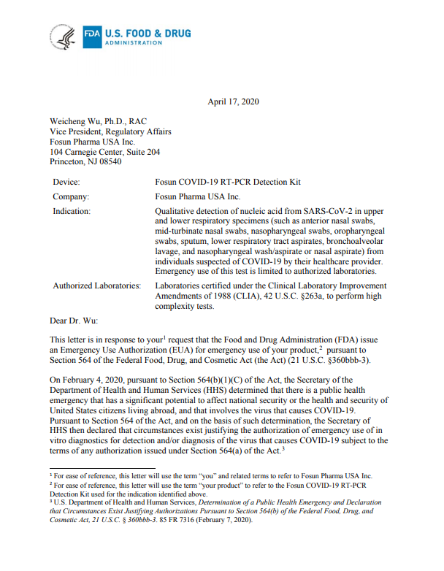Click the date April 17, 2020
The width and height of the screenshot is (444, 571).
tap(234, 101)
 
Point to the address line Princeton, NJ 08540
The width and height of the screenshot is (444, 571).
tap(85, 161)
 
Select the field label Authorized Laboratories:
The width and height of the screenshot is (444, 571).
tap(97, 285)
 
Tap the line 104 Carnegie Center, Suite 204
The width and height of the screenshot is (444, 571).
tap(104, 151)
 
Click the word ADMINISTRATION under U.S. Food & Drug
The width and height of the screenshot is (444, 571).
tap(134, 43)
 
